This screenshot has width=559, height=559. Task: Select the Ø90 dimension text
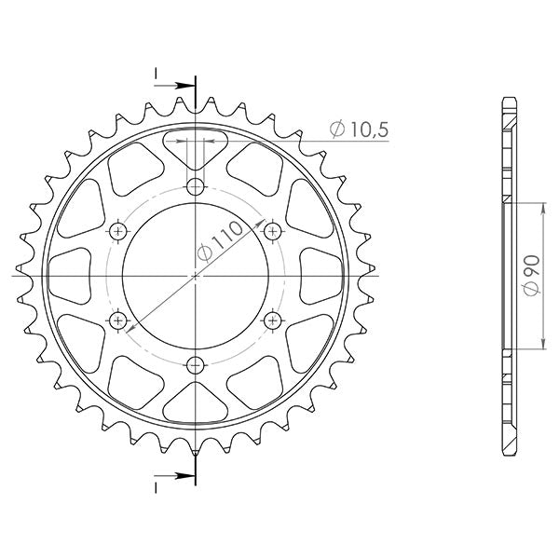click(528, 276)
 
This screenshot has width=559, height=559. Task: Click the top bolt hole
click(195, 185)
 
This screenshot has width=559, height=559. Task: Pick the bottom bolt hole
click(195, 365)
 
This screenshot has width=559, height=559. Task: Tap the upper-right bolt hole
click(272, 230)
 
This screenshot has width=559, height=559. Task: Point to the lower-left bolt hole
click(117, 320)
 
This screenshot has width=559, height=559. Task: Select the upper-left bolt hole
click(117, 230)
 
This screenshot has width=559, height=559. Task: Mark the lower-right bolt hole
click(272, 320)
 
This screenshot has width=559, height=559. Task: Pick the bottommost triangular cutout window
click(195, 404)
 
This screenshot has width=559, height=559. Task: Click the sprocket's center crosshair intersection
click(195, 276)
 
